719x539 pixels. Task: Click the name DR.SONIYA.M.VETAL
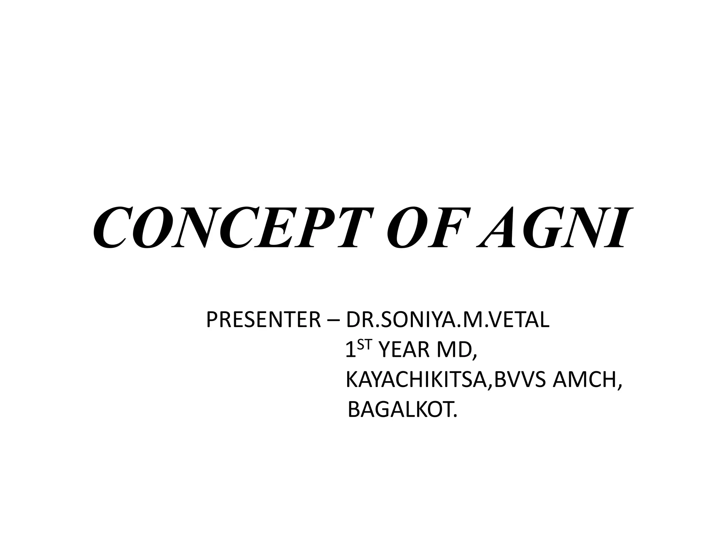tap(448, 320)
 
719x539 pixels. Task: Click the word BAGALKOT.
tap(403, 410)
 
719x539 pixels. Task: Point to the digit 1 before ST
tap(350, 351)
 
